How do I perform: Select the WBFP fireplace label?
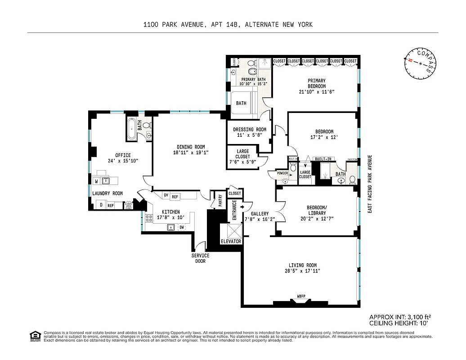click(x=301, y=296)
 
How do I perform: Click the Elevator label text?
click(x=231, y=241)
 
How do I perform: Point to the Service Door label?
click(x=200, y=258)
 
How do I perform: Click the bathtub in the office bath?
click(x=131, y=129)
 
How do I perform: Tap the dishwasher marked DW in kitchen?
click(x=182, y=227)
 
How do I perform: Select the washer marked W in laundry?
click(x=96, y=181)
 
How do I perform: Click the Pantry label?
click(x=220, y=200)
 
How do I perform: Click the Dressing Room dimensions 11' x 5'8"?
click(x=249, y=135)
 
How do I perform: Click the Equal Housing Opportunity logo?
click(x=34, y=336)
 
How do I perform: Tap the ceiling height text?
click(x=399, y=323)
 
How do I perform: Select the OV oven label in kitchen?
click(x=166, y=195)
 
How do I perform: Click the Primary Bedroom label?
click(x=317, y=83)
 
